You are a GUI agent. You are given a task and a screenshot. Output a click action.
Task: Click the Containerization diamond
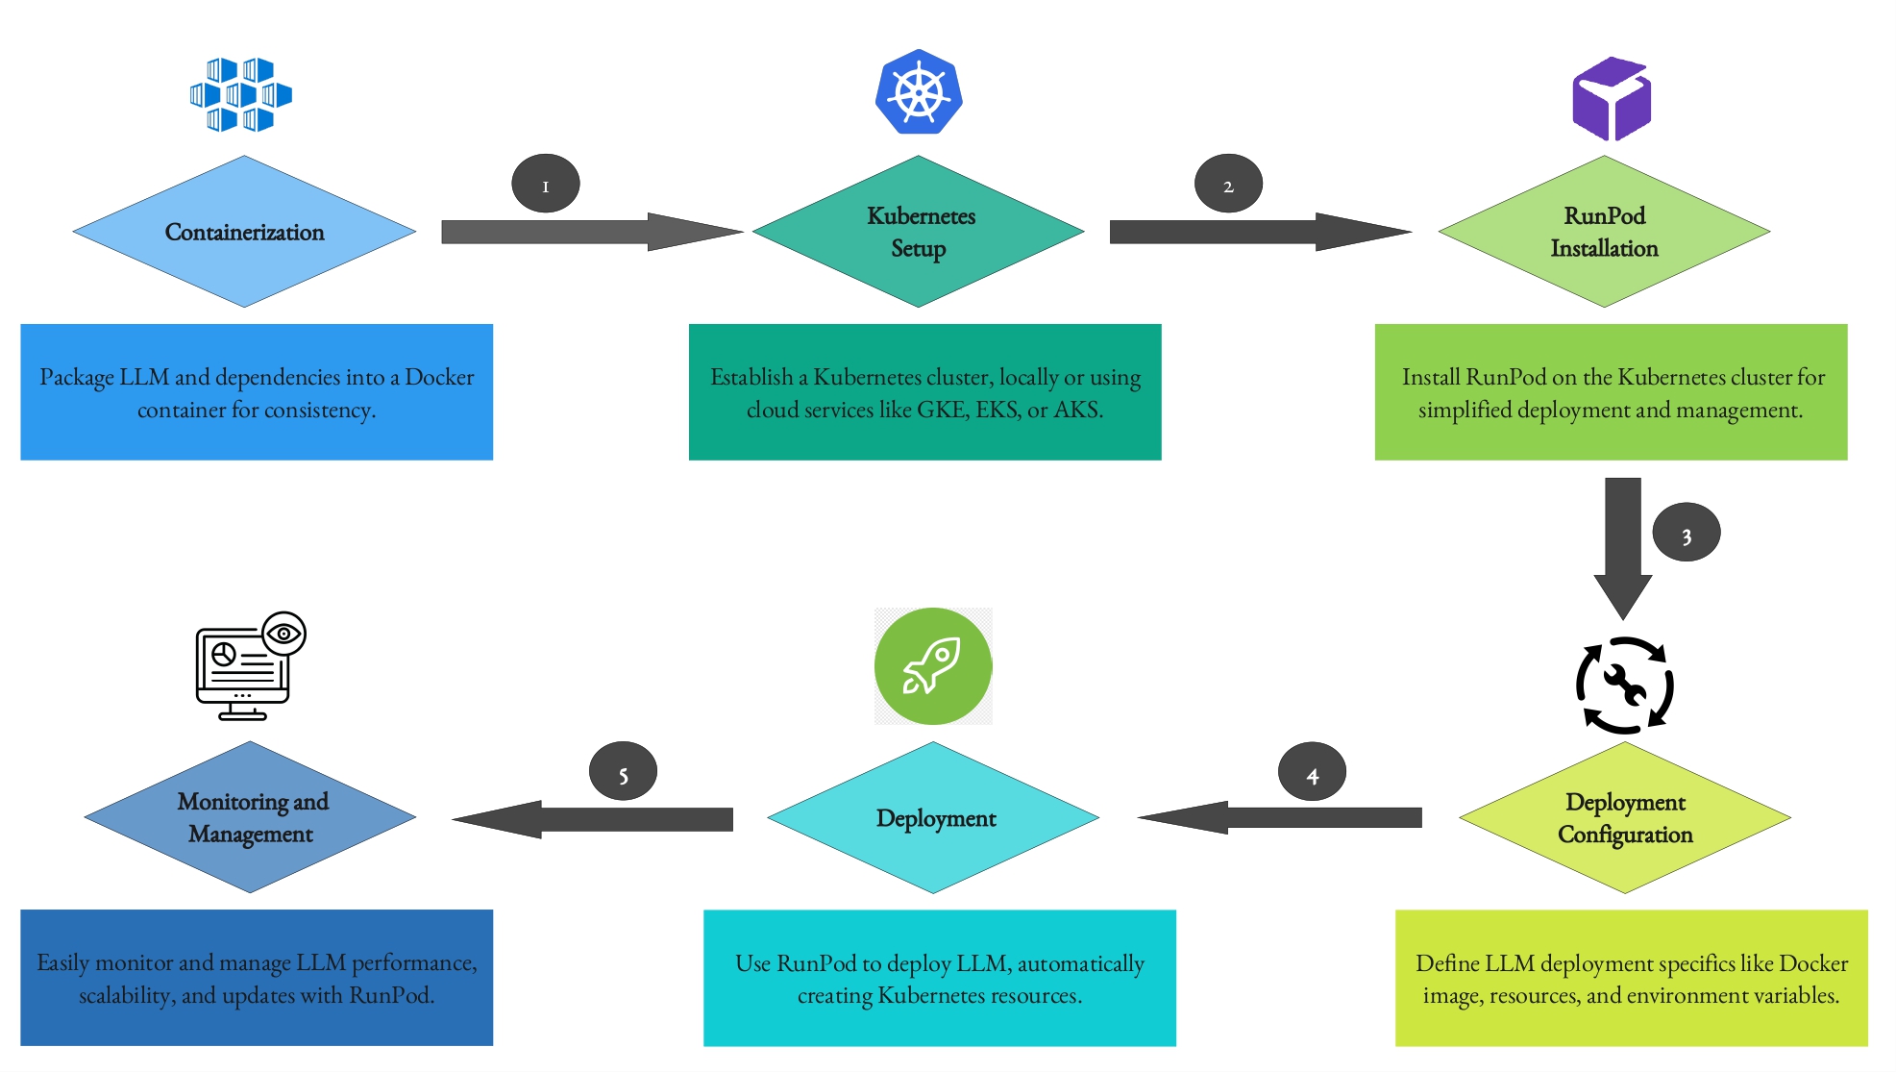[x=244, y=232]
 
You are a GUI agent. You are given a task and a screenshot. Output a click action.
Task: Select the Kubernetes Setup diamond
[x=919, y=232]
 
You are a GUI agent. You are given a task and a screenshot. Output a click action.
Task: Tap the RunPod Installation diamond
[x=1604, y=232]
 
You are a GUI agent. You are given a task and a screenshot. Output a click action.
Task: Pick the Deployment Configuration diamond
[x=1625, y=817]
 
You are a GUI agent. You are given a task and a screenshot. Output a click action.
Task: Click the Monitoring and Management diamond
[x=251, y=817]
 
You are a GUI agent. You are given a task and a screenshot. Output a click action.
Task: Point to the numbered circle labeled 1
[x=545, y=184]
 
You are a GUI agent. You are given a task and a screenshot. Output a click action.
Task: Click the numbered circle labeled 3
[x=1686, y=533]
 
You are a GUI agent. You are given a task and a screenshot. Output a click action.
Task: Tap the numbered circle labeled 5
[x=623, y=772]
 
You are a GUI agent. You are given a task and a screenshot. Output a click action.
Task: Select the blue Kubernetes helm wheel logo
[x=919, y=92]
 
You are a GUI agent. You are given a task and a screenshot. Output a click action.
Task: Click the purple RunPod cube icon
[x=1612, y=99]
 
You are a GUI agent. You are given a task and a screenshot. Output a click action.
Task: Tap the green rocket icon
[x=932, y=666]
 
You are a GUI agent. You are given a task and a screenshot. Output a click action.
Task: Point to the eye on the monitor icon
[x=283, y=634]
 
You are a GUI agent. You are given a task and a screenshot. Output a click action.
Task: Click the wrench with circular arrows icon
[x=1624, y=686]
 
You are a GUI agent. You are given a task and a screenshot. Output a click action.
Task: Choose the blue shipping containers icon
[x=240, y=94]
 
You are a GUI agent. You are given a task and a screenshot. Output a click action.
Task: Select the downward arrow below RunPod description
[x=1622, y=546]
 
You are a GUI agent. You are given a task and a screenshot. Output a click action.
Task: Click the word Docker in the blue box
[x=439, y=377]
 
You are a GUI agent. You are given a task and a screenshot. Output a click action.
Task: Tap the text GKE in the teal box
[x=940, y=411]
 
